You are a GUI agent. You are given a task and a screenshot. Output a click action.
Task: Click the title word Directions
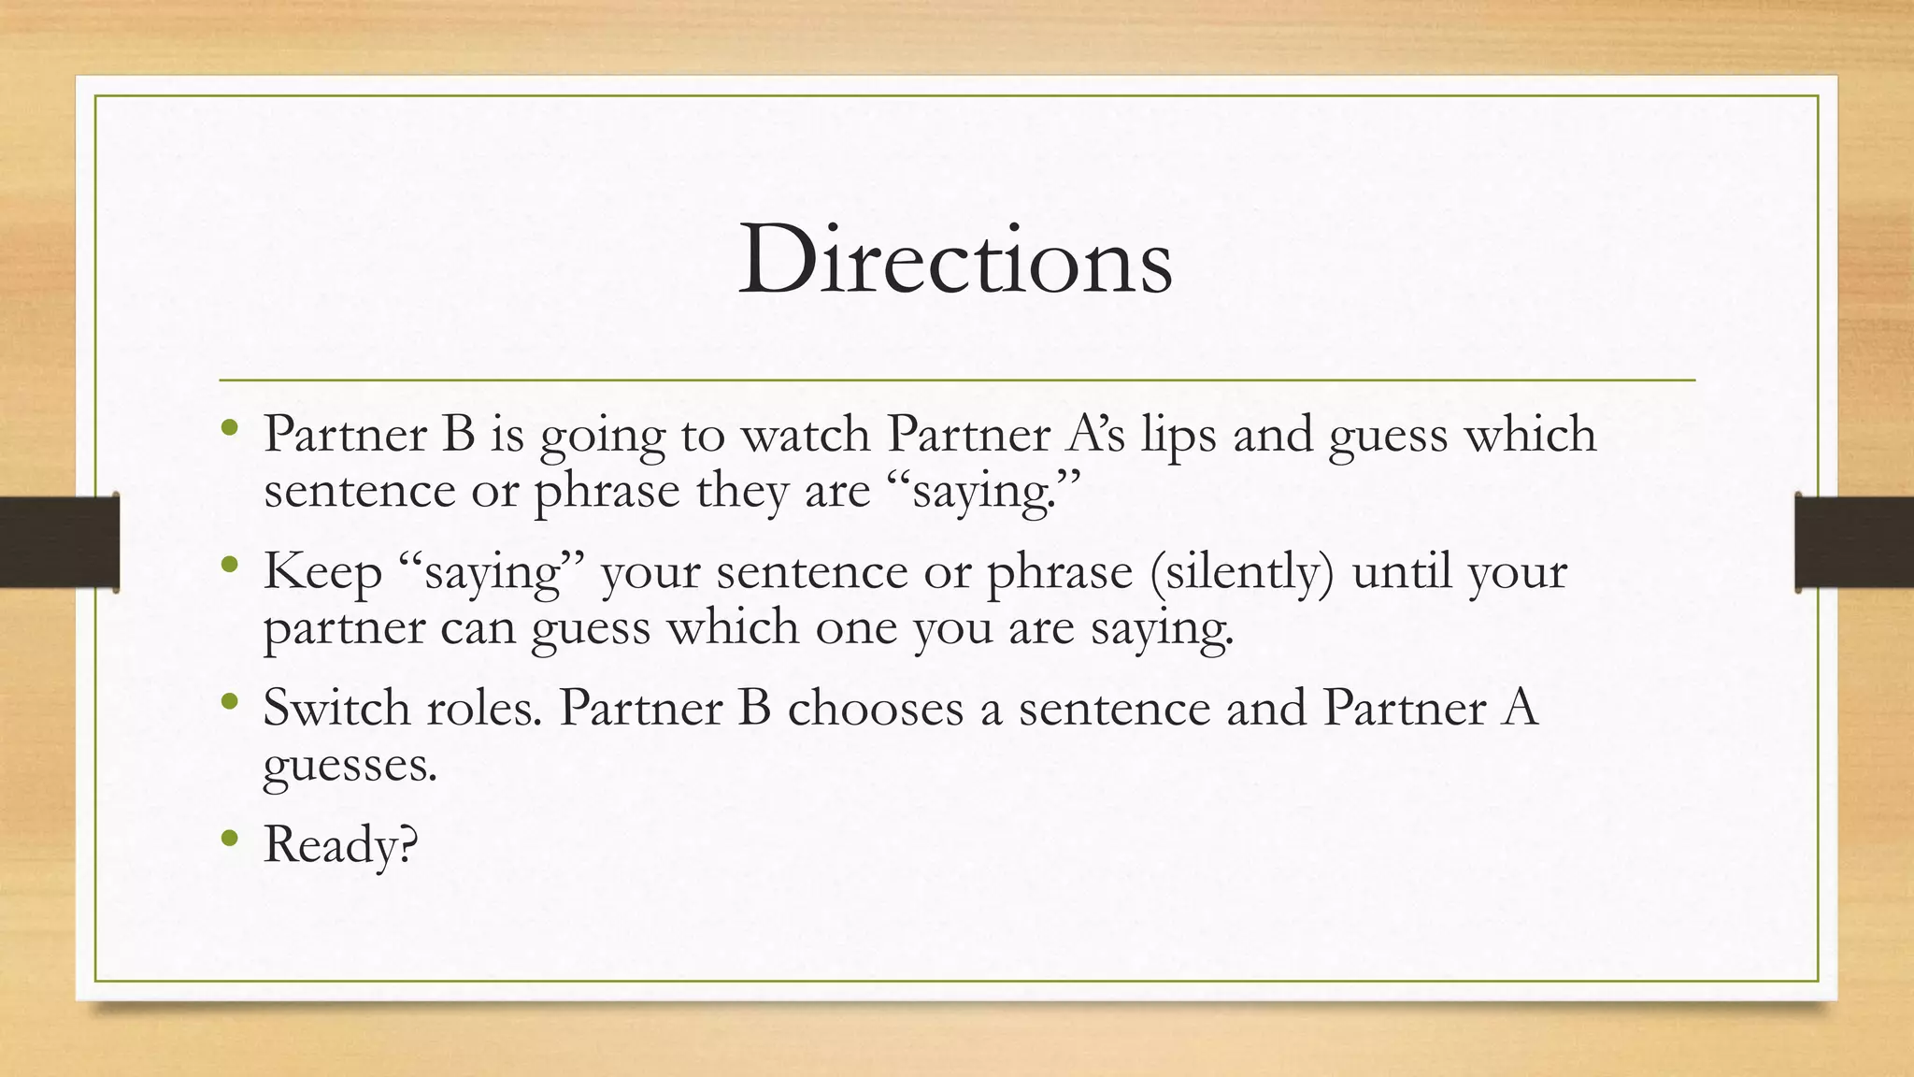[x=955, y=260]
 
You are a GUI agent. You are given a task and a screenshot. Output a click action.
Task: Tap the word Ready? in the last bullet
[x=340, y=844]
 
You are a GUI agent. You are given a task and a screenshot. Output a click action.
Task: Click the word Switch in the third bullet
[x=337, y=708]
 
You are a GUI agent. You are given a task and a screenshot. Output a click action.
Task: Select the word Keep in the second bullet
[x=322, y=572]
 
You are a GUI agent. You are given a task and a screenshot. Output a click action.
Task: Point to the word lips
[x=1178, y=435]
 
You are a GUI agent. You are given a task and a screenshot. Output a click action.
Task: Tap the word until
[x=1401, y=571]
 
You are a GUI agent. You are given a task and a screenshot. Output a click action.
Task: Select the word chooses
[x=876, y=708]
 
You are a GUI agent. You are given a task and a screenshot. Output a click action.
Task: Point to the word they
[x=742, y=491]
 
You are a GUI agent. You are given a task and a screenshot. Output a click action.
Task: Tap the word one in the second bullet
[x=855, y=627]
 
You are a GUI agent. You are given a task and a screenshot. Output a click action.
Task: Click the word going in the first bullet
[x=602, y=437]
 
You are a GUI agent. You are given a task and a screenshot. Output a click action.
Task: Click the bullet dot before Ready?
[x=230, y=839]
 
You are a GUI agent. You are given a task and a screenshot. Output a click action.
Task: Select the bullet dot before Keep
[x=230, y=566]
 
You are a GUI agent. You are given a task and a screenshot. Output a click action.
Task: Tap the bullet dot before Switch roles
[x=230, y=702]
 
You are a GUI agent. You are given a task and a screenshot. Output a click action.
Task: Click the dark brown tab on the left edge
[x=59, y=542]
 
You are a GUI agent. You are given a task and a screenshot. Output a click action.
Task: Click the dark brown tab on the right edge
[x=1854, y=542]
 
